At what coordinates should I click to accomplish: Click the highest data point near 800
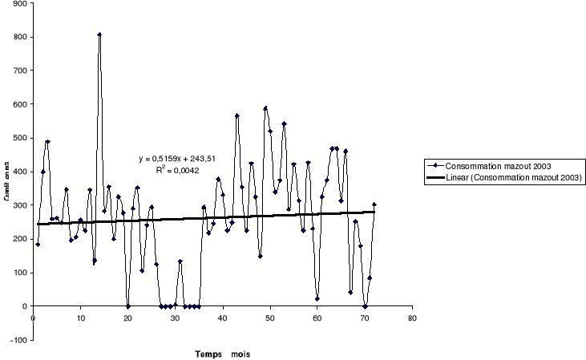(99, 34)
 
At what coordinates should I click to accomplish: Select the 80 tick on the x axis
(413, 318)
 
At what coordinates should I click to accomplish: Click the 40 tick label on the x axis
(223, 318)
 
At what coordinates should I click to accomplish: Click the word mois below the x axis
(240, 353)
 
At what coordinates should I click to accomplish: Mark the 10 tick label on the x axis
(80, 318)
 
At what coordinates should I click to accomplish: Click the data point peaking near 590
(265, 107)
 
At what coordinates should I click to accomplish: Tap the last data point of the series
(374, 204)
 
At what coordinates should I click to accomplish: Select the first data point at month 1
(38, 244)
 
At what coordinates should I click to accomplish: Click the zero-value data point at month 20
(128, 305)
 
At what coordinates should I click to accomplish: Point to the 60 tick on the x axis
(317, 318)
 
